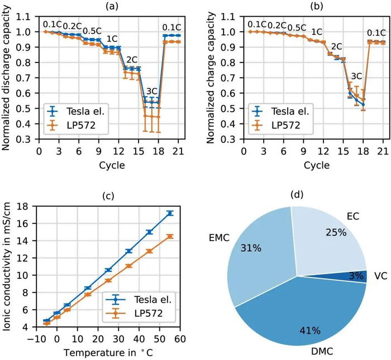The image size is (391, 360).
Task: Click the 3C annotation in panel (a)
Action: tap(151, 91)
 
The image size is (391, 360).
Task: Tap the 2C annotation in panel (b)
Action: tap(337, 46)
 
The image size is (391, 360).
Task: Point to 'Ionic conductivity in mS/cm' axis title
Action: tap(7, 267)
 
